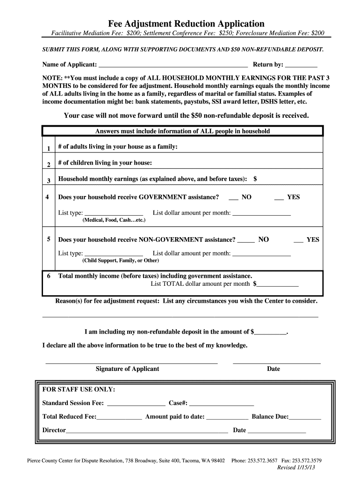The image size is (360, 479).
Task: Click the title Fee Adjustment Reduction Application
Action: [x=187, y=23]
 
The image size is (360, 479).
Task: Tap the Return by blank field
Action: [x=301, y=65]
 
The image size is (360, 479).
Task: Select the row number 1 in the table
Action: [x=49, y=149]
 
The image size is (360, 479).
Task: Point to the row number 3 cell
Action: [x=49, y=181]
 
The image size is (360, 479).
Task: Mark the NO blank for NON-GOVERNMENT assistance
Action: [x=246, y=240]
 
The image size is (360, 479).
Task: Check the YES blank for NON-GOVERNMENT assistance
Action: [x=298, y=240]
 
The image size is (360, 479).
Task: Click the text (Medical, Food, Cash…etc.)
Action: [x=114, y=220]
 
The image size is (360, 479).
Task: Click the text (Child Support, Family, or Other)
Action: [x=121, y=261]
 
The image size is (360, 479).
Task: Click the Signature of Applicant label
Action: [x=127, y=369]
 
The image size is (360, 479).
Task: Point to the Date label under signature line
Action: [x=274, y=369]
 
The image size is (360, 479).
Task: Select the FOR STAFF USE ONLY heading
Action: [x=79, y=390]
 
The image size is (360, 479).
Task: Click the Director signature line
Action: [x=147, y=431]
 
